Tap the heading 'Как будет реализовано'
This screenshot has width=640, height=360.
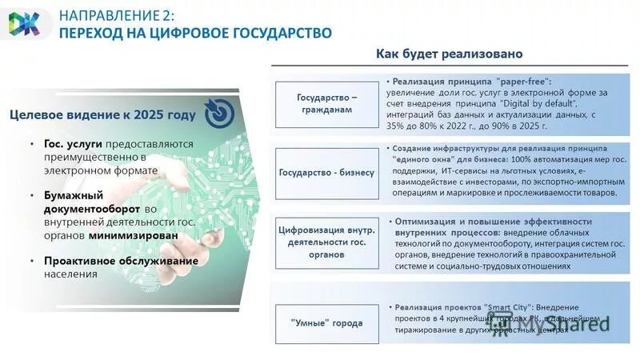tap(450, 54)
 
